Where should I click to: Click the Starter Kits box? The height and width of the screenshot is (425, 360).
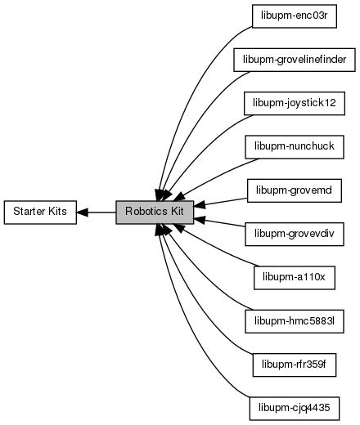click(40, 212)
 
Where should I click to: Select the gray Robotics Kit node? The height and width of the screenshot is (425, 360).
click(155, 212)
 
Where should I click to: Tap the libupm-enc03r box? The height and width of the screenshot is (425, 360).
click(295, 16)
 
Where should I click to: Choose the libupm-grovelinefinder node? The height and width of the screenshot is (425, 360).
click(295, 60)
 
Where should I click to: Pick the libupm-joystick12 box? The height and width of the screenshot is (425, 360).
click(295, 103)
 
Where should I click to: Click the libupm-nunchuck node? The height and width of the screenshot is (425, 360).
click(295, 147)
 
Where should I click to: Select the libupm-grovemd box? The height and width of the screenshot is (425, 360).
click(295, 190)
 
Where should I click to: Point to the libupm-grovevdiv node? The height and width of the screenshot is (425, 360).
click(295, 234)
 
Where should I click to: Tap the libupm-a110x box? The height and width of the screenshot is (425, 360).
click(295, 278)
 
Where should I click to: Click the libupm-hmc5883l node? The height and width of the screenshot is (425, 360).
click(295, 321)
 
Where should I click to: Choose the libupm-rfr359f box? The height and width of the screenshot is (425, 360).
click(295, 365)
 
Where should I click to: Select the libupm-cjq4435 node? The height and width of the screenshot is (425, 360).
click(295, 409)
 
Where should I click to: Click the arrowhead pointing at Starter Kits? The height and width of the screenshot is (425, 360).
click(82, 212)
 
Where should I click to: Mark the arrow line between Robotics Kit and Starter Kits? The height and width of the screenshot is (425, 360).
click(97, 212)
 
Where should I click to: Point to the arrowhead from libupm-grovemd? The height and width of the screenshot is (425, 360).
click(200, 205)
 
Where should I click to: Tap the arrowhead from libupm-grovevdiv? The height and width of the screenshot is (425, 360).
click(200, 220)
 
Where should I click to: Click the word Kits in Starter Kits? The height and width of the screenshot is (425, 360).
click(57, 212)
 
